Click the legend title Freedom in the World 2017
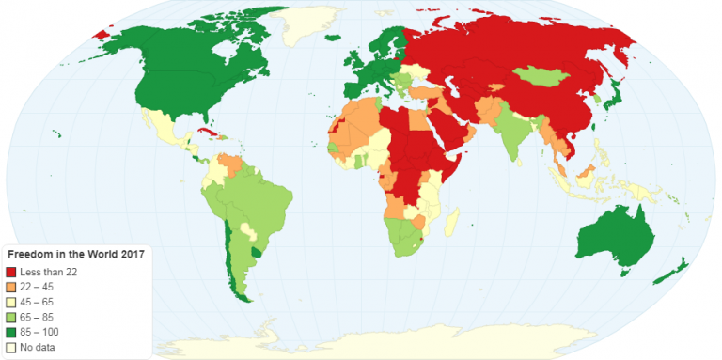tap(75, 255)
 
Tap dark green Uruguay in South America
tap(257, 253)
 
